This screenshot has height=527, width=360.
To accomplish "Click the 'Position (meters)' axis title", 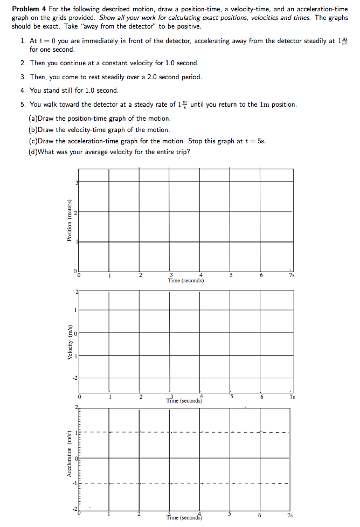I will (x=69, y=221).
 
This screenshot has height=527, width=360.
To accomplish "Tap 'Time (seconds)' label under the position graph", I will (x=185, y=280).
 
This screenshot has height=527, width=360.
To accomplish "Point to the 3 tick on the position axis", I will (x=77, y=183).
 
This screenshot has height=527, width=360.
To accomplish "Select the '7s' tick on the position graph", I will (x=291, y=275).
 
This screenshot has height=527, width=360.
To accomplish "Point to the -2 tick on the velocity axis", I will (x=75, y=377).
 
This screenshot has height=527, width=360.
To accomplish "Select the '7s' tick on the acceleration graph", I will (x=291, y=516).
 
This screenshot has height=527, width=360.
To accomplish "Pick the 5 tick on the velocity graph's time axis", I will (x=232, y=397).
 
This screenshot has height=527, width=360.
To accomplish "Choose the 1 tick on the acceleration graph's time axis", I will (x=109, y=515).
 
